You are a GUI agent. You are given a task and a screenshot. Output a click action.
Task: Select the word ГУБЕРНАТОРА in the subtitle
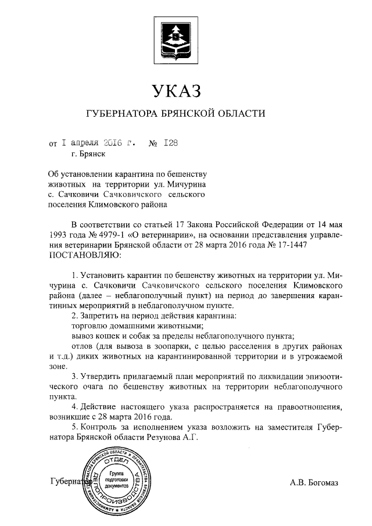coord(121,113)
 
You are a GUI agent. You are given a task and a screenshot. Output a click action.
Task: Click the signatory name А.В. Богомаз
coord(314,482)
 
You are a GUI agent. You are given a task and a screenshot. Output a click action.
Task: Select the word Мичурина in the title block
coord(188,184)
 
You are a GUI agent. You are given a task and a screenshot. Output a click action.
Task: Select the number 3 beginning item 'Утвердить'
coord(73,374)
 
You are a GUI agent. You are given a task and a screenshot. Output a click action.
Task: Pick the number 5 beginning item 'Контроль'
coord(73,428)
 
